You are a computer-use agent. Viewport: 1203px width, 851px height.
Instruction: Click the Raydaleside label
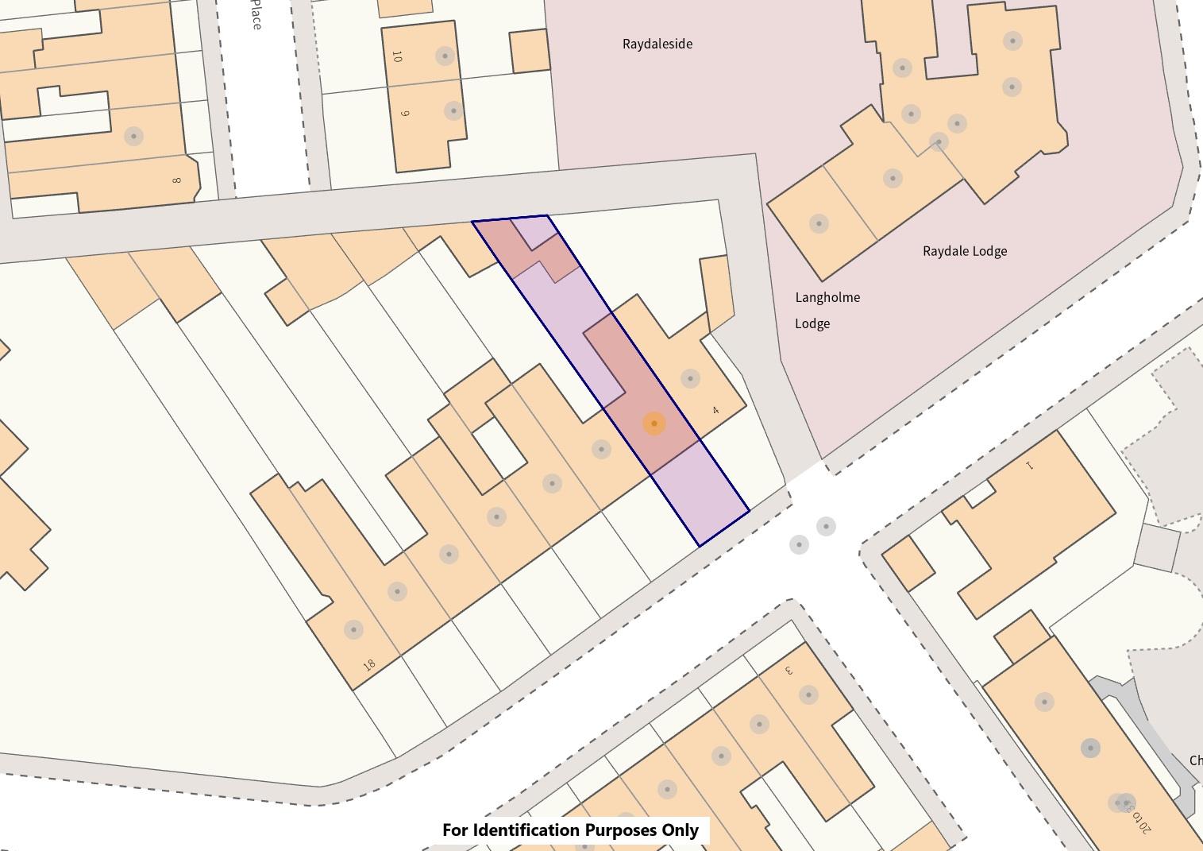pos(657,44)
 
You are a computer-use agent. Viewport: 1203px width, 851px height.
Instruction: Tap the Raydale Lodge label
pos(964,251)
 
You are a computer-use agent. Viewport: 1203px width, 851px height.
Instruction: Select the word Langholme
pos(827,297)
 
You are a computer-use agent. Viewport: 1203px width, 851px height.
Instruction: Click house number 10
pos(397,56)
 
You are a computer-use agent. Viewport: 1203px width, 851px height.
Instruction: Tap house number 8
pos(176,180)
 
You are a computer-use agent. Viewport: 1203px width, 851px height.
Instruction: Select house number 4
pos(715,410)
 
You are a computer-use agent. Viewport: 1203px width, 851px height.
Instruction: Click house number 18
pos(368,664)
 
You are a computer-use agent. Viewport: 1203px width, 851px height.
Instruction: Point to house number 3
pos(789,670)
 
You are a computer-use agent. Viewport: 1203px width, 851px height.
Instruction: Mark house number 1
pos(1030,466)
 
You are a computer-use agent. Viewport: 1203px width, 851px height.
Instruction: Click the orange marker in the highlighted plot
pos(654,424)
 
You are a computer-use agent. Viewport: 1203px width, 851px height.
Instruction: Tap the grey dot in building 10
pos(445,56)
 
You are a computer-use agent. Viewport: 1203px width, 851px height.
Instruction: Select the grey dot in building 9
pos(453,110)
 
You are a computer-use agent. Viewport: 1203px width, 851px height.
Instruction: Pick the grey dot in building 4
pos(690,378)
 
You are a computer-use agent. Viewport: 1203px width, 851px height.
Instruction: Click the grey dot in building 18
pos(353,629)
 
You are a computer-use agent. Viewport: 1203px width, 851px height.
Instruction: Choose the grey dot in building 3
pos(808,695)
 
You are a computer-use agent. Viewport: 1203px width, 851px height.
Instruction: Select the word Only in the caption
pos(681,830)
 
